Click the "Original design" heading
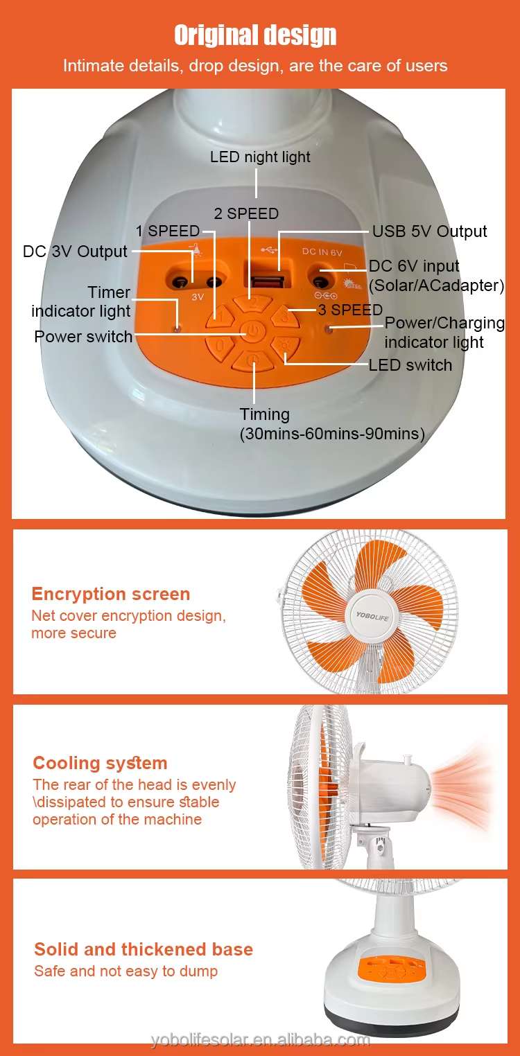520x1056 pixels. click(255, 35)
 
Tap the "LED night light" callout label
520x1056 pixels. click(260, 157)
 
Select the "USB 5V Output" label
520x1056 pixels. click(429, 231)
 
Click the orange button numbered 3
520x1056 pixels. click(284, 315)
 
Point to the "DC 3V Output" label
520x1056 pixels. click(75, 252)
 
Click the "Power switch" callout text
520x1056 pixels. click(83, 337)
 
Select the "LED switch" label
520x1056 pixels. click(410, 365)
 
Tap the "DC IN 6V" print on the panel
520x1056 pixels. click(322, 252)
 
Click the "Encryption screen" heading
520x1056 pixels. click(111, 594)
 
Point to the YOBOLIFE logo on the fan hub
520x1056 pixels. click(372, 616)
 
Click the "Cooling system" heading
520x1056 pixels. click(100, 763)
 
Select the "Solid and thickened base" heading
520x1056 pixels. click(144, 949)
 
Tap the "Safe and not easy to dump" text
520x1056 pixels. click(126, 971)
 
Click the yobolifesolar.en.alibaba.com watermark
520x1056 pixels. click(260, 1039)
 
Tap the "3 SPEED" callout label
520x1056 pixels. click(350, 310)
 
